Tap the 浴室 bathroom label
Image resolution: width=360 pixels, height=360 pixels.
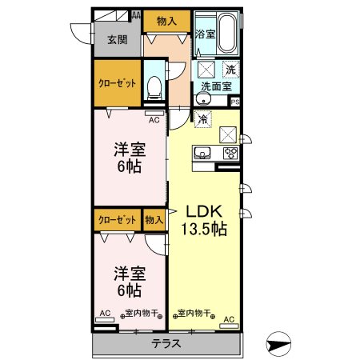pyautogui.click(x=204, y=34)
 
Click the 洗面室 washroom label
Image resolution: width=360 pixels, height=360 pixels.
pyautogui.click(x=216, y=86)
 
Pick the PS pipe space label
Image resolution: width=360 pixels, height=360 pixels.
pyautogui.click(x=235, y=102)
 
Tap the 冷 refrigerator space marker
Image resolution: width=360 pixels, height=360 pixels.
pyautogui.click(x=203, y=118)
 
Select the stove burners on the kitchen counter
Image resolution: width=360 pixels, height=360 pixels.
pyautogui.click(x=230, y=153)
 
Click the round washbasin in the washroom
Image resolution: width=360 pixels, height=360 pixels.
pyautogui.click(x=203, y=100)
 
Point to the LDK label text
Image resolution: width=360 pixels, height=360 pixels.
pyautogui.click(x=204, y=211)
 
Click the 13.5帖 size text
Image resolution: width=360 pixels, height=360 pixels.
pyautogui.click(x=206, y=229)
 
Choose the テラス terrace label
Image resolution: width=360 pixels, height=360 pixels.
pyautogui.click(x=166, y=344)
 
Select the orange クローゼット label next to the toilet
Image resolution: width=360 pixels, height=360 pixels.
pyautogui.click(x=118, y=83)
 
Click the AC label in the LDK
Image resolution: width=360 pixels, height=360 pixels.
pyautogui.click(x=228, y=319)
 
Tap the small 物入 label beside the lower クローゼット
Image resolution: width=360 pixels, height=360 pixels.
pyautogui.click(x=154, y=218)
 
